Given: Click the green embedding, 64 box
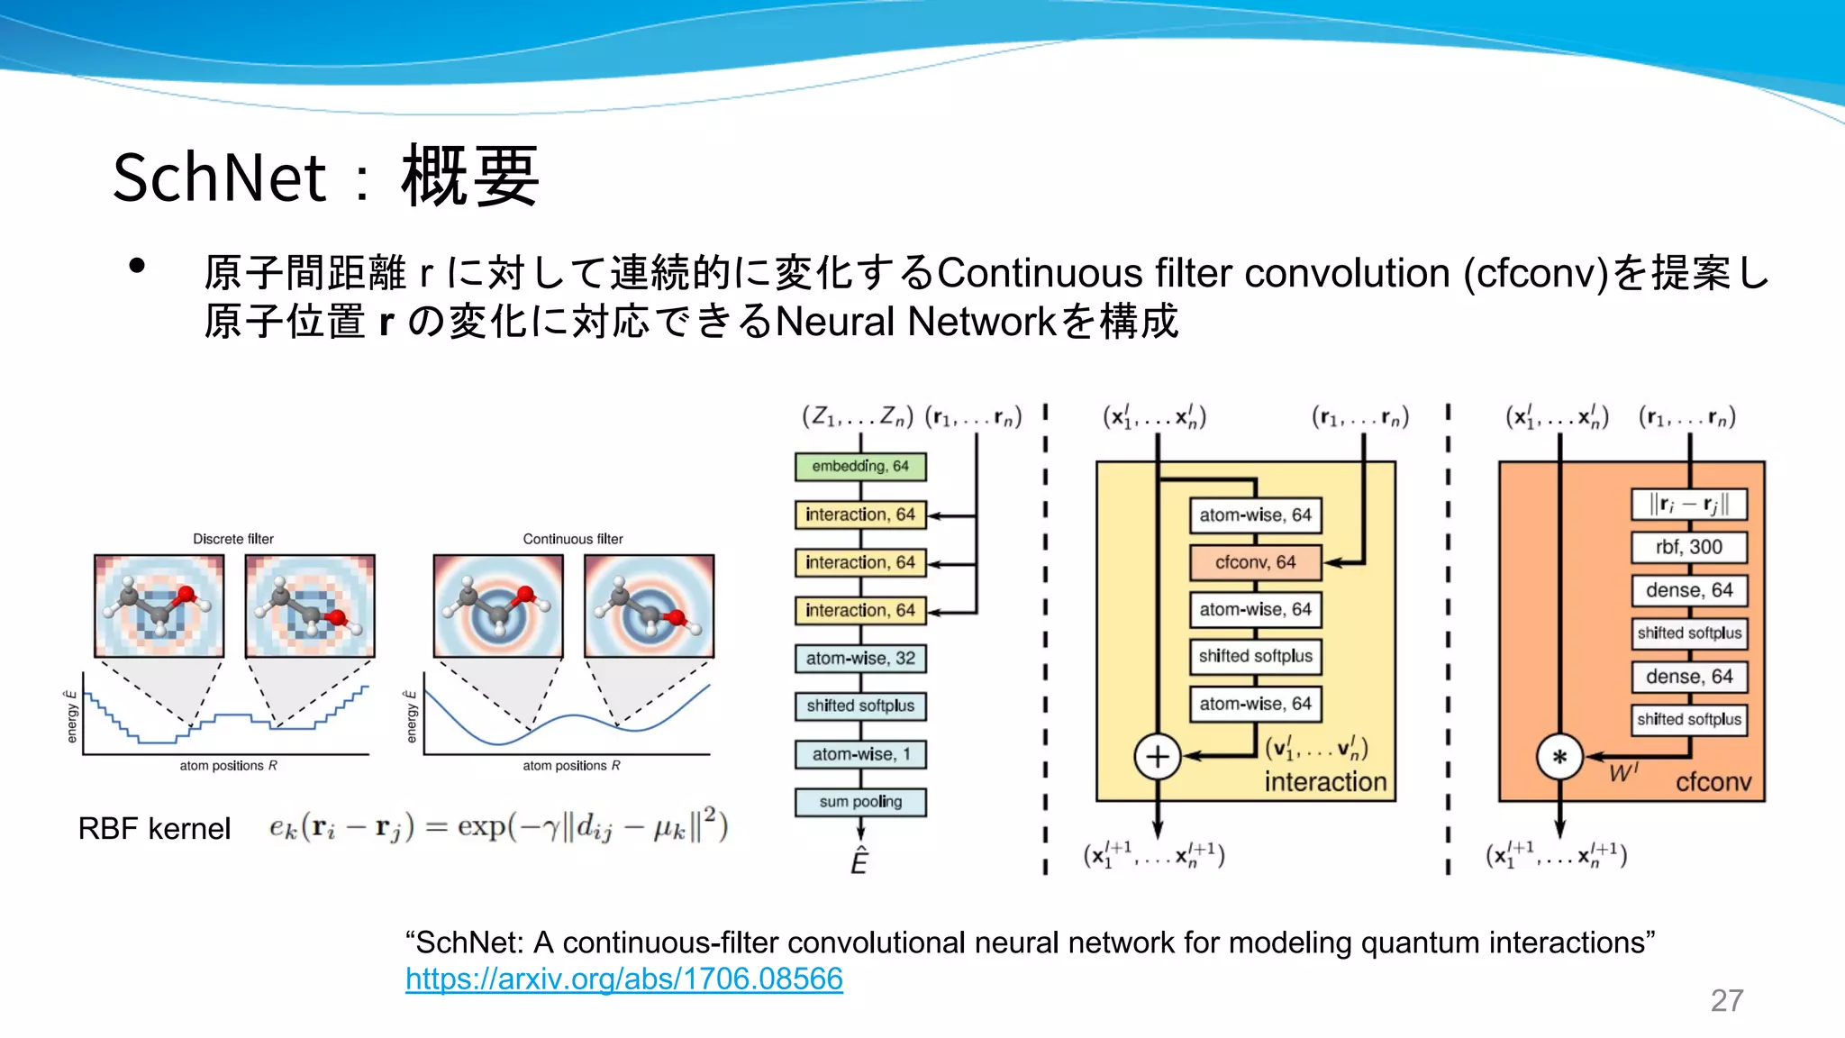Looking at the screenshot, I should [x=860, y=467].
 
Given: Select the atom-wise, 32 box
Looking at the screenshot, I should [x=860, y=659].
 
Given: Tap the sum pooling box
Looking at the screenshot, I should [x=860, y=802].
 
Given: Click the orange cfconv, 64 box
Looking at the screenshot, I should [x=1255, y=562].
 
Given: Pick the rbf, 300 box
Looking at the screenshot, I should [x=1688, y=547].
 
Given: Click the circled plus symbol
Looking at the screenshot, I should [x=1158, y=757].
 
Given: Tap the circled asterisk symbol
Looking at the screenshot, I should [x=1559, y=757].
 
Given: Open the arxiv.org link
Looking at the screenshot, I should [x=623, y=979].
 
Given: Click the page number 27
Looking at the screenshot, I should [x=1727, y=1000].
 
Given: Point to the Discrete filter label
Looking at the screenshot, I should [x=232, y=539].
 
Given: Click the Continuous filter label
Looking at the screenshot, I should [x=573, y=539].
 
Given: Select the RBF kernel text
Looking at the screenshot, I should [x=154, y=829].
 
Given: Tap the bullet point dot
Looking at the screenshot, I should [x=137, y=266].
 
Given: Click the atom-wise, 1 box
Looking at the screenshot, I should [x=860, y=754].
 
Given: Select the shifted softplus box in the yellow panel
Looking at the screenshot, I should [x=1255, y=657].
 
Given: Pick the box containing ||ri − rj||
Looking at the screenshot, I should [x=1688, y=504].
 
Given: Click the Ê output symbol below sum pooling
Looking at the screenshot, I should [x=859, y=862].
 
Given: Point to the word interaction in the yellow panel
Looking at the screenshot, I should [x=1325, y=782].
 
